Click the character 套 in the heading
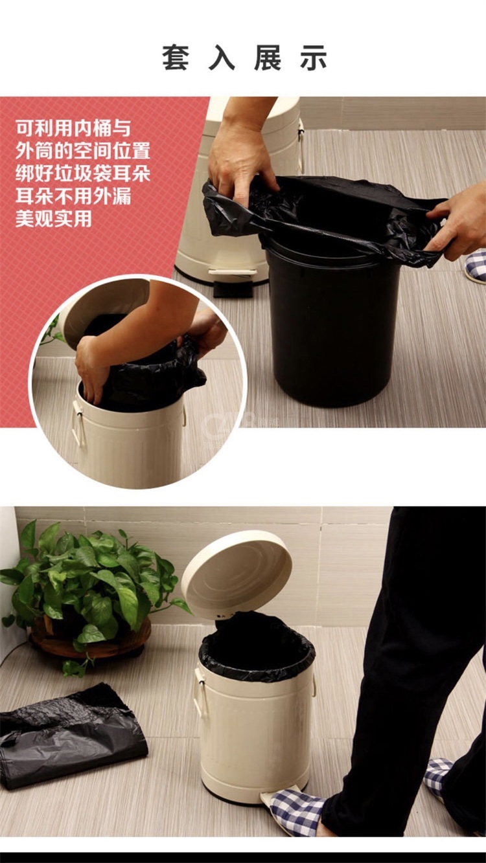click(175, 58)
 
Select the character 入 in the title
click(222, 58)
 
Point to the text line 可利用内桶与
click(73, 128)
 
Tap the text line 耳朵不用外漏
click(73, 196)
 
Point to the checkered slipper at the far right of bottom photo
click(441, 778)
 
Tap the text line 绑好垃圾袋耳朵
click(83, 174)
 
